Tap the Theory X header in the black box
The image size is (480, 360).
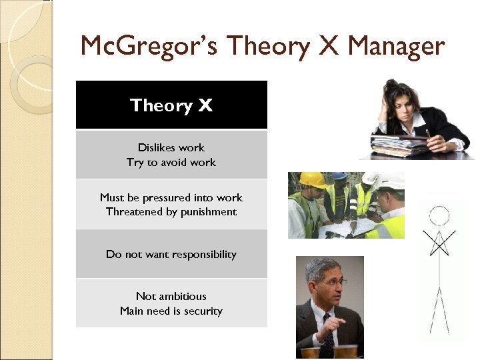click(171, 105)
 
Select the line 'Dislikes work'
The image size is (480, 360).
click(171, 147)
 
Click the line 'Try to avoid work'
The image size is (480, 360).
click(171, 162)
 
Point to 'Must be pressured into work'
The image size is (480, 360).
click(171, 197)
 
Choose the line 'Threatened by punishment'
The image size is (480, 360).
click(171, 212)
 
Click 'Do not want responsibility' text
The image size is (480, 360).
click(171, 254)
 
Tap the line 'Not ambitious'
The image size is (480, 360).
click(171, 296)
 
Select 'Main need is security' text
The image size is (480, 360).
click(171, 311)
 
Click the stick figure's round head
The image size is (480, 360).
click(439, 215)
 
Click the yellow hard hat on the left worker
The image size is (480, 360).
click(311, 180)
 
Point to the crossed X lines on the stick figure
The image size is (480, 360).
click(439, 243)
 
